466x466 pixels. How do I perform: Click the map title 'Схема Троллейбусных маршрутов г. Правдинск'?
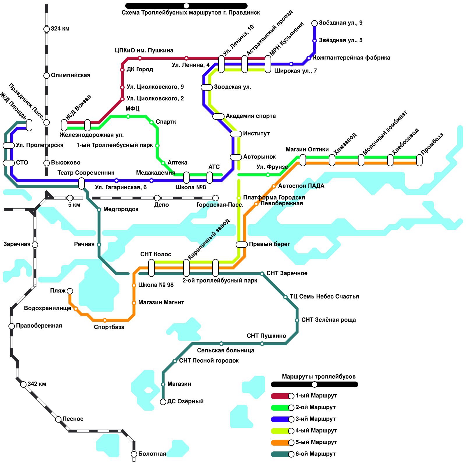[x=190, y=13]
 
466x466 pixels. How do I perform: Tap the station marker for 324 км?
[x=47, y=29]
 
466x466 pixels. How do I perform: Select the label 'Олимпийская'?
[x=70, y=75]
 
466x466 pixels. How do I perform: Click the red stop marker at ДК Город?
[x=122, y=70]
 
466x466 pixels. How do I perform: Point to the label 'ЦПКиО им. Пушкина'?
[x=144, y=51]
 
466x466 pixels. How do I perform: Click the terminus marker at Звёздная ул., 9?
[x=315, y=23]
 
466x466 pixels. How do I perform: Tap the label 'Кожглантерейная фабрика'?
[x=352, y=58]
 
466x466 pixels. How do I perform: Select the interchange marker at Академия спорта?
[x=218, y=116]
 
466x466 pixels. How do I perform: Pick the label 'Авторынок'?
[x=260, y=157]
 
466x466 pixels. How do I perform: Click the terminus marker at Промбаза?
[x=419, y=160]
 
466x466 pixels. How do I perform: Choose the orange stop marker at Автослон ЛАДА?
[x=274, y=186]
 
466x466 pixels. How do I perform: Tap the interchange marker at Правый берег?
[x=241, y=245]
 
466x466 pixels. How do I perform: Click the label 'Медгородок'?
[x=121, y=209]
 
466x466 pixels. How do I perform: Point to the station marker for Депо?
[x=157, y=198]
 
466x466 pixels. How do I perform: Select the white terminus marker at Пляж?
[x=70, y=291]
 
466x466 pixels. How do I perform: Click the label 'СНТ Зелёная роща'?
[x=329, y=320]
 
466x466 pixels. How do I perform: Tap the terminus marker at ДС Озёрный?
[x=163, y=402]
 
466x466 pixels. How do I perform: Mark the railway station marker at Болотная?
[x=134, y=454]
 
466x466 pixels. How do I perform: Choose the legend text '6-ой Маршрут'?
[x=315, y=454]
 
